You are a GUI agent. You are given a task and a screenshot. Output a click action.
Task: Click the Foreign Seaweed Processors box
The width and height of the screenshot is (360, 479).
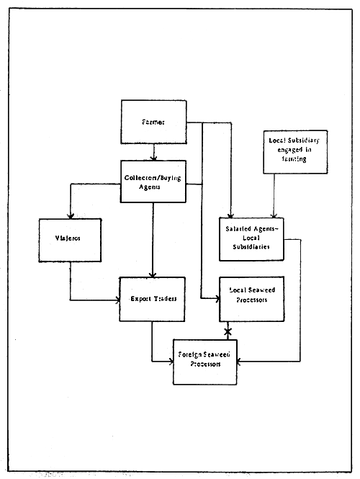point(204,359)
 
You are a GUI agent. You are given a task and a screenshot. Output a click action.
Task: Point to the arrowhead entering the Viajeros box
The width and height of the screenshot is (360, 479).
point(70,215)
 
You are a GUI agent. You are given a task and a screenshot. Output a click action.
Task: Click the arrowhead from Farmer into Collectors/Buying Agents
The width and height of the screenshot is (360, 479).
point(153,157)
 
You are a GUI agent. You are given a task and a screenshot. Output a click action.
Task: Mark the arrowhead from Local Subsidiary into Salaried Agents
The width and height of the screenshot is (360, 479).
point(273,214)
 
